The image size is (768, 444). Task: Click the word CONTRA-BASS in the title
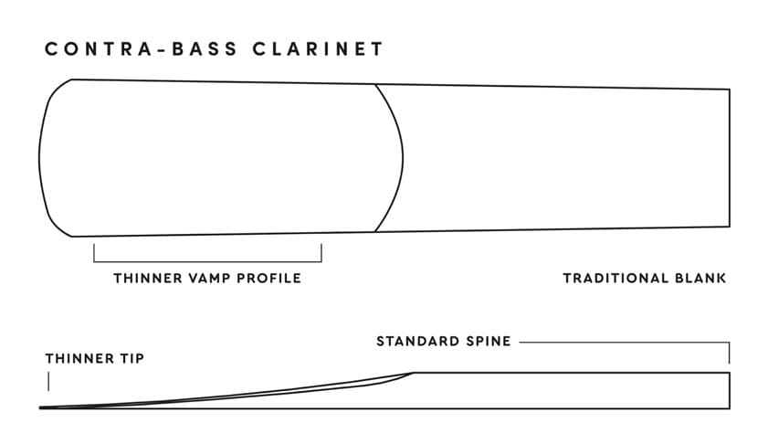(x=141, y=49)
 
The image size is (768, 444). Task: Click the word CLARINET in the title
(x=318, y=49)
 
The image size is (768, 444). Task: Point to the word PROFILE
(x=268, y=279)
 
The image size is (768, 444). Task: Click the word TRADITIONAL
(x=615, y=279)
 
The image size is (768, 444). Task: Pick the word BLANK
(x=700, y=279)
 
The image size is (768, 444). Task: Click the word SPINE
(x=489, y=341)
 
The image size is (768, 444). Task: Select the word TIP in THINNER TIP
(x=132, y=359)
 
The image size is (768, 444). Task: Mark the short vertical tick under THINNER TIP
(x=48, y=381)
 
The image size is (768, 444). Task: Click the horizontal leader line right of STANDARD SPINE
(x=625, y=343)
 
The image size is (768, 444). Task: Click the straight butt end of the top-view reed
(x=730, y=158)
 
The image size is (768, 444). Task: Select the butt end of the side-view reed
(x=730, y=391)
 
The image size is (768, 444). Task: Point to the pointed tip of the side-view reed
(x=39, y=407)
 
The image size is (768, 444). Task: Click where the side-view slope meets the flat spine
(x=414, y=373)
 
